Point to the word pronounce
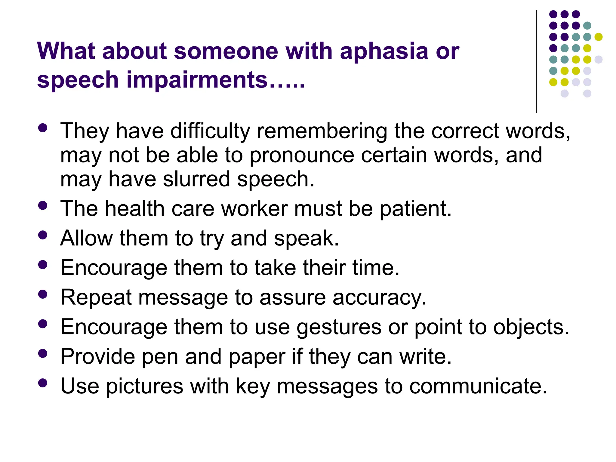coord(302,156)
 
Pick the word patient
coord(415,208)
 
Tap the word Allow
coord(86,238)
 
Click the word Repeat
coord(96,297)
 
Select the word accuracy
coord(379,298)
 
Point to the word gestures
coord(339,327)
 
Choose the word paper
coord(257,357)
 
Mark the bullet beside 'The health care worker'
coord(43,206)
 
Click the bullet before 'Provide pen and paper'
coord(43,353)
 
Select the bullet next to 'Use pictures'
coord(43,383)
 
